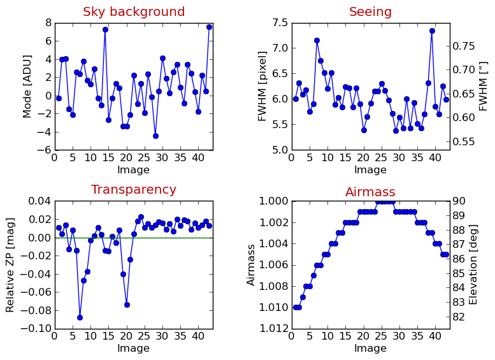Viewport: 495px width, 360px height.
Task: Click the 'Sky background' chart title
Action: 134,12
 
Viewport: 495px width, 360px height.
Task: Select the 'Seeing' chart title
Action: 370,12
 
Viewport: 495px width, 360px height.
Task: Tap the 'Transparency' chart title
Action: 134,190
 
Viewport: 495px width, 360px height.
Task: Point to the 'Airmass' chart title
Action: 370,192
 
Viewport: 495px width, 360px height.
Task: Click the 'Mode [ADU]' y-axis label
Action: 27,86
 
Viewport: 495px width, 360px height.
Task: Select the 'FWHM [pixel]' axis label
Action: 262,86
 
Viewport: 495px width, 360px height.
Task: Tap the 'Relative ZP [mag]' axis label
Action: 10,264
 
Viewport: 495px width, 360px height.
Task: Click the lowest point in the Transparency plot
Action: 80,317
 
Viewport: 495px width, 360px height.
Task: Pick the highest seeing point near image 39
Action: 432,31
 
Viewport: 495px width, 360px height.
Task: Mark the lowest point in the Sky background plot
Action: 155,136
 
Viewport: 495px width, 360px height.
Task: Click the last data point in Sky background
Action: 209,27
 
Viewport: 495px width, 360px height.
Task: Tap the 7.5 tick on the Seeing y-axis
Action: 279,23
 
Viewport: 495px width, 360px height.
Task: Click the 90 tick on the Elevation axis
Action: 459,201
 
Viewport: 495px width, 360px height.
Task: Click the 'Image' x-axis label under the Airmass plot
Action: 370,349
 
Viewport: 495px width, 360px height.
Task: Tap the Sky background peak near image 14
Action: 105,29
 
